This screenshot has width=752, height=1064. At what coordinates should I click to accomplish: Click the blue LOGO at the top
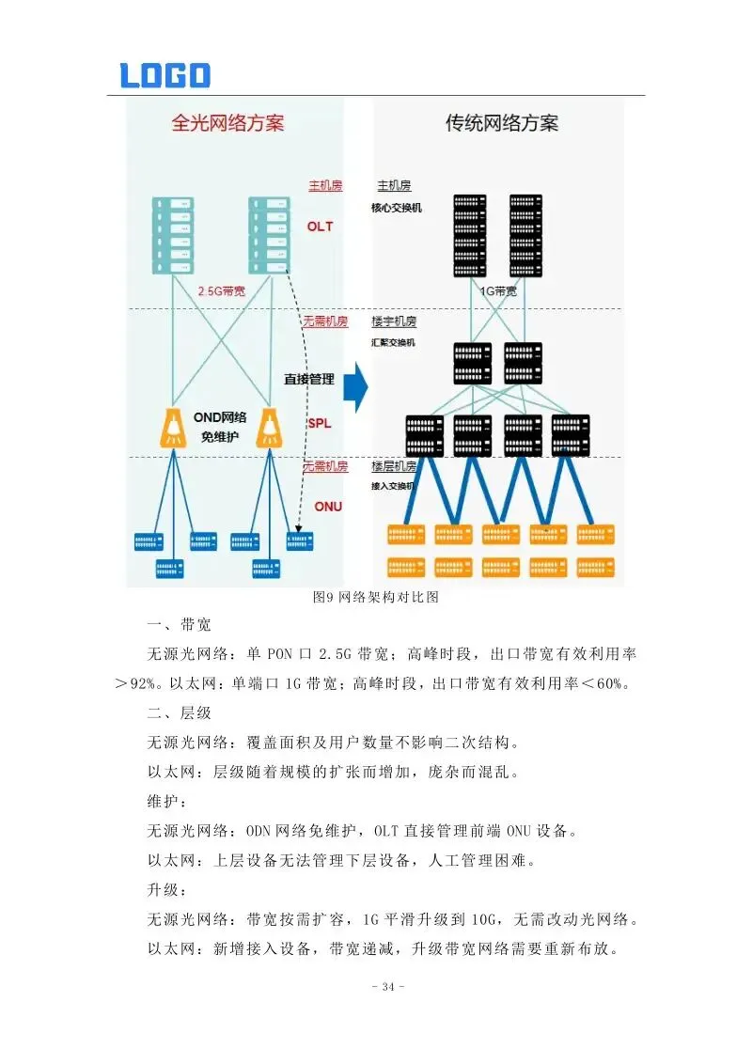(x=164, y=75)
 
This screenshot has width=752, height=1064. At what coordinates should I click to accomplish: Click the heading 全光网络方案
(x=227, y=123)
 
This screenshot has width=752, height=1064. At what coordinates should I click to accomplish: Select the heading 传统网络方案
(x=501, y=123)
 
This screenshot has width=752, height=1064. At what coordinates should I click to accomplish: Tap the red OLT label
(x=320, y=227)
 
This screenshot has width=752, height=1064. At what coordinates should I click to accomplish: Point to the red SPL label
(x=320, y=424)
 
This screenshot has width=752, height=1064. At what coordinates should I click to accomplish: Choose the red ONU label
(x=328, y=507)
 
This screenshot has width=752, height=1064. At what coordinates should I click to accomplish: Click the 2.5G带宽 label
(x=222, y=291)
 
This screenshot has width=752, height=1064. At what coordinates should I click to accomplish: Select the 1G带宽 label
(x=498, y=291)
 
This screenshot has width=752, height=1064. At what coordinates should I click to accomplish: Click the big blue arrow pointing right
(x=354, y=387)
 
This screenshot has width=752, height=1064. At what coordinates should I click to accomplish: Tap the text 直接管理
(x=309, y=380)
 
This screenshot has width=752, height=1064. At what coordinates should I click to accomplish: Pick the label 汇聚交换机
(x=393, y=343)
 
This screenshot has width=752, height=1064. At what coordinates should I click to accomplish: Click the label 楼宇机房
(x=394, y=321)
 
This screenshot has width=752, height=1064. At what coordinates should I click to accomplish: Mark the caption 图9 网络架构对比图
(x=375, y=598)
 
